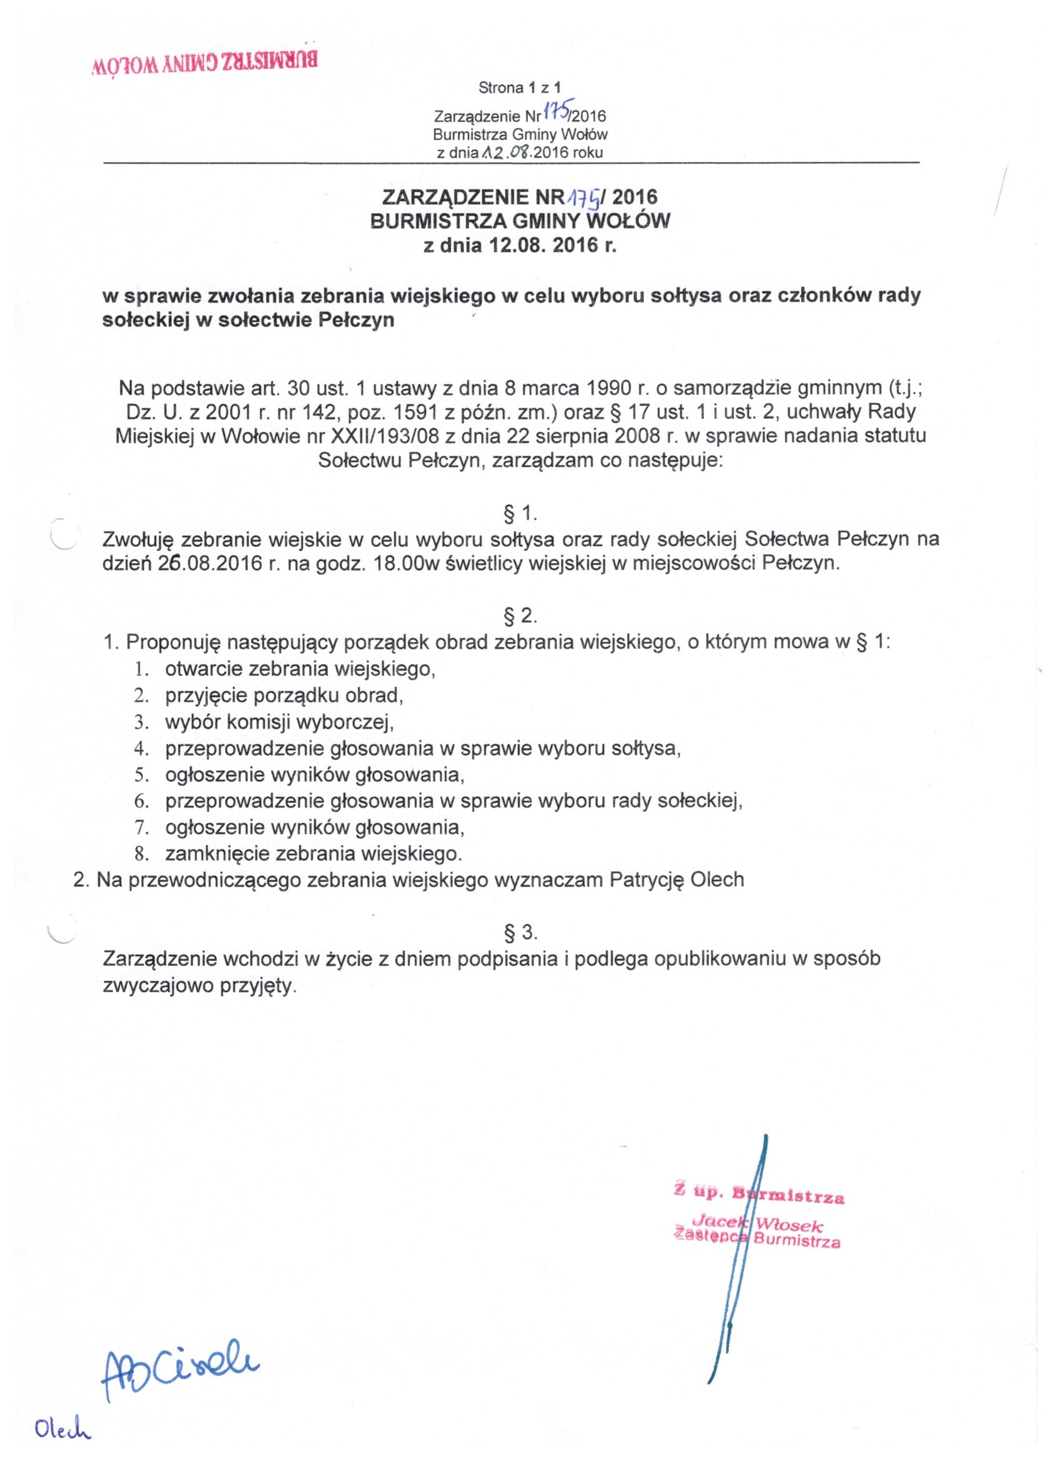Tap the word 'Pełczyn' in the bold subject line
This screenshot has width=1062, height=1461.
click(357, 320)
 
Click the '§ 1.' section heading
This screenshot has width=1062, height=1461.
click(520, 514)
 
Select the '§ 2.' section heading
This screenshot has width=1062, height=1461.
click(520, 617)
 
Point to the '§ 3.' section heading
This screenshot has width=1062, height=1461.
click(520, 932)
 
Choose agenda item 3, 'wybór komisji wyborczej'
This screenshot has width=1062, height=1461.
click(279, 722)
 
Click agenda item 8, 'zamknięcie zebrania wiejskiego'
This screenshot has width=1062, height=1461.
click(314, 854)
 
